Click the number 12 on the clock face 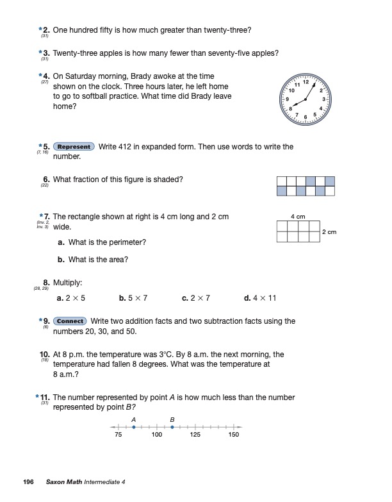coord(306,82)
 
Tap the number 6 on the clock coord(306,117)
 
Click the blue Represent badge coord(74,147)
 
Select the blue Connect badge coord(70,321)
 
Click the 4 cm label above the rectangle coord(298,217)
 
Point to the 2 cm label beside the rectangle coord(329,232)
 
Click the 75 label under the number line coord(118,435)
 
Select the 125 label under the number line coord(195,435)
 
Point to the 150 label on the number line coord(234,435)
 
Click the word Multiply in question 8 coord(67,282)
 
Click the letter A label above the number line coord(133,419)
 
